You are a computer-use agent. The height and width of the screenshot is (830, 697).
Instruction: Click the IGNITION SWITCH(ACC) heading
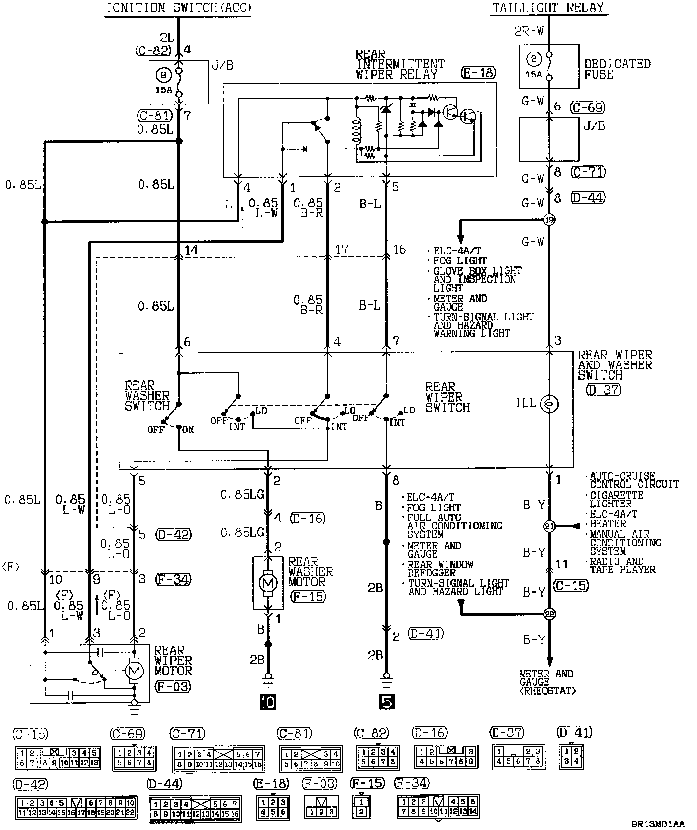pos(179,8)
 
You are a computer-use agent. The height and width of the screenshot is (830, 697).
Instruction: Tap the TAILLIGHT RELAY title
pos(548,7)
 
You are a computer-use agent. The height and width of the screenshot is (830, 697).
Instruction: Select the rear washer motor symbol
pos(268,583)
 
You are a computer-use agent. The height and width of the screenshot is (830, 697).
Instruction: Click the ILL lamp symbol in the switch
pos(549,404)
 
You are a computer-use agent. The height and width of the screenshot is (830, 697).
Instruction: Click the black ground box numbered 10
pos(268,701)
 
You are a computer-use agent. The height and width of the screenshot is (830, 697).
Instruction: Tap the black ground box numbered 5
pos(386,701)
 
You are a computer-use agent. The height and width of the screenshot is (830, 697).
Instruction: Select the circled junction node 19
pos(549,219)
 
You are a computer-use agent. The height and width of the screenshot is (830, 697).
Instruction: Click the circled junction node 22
pos(549,614)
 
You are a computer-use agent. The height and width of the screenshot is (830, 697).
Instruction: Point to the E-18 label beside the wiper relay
pos(478,73)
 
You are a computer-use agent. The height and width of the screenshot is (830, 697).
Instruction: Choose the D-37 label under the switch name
pos(603,389)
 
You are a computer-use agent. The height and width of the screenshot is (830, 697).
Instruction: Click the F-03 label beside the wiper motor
pos(172,686)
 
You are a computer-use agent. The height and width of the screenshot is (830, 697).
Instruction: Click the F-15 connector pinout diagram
pos(361,806)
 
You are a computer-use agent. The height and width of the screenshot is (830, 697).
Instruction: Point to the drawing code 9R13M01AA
pos(658,824)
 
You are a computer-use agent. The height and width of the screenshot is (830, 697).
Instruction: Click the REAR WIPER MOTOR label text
pos(173,660)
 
